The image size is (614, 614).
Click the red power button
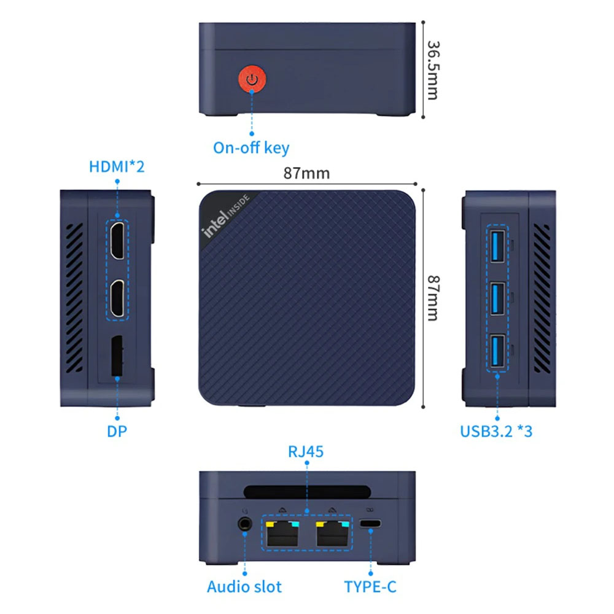[252, 79]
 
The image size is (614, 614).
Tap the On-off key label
[251, 147]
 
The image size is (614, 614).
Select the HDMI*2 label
[117, 166]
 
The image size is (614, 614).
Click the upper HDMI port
[117, 240]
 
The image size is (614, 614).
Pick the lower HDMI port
[117, 298]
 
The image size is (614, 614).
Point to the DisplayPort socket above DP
[117, 356]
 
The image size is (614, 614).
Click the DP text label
[117, 431]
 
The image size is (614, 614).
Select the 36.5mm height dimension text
[433, 70]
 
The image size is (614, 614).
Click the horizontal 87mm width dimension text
[306, 173]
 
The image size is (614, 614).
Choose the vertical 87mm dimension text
[433, 298]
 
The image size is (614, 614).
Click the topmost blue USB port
[497, 246]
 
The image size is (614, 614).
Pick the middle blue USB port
[497, 298]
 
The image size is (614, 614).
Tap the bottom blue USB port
[497, 351]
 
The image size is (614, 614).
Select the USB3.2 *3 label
[496, 431]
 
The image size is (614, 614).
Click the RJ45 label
[306, 451]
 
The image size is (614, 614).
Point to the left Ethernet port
[282, 533]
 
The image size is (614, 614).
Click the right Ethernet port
[332, 533]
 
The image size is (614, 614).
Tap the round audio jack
[245, 524]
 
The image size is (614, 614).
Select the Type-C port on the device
[370, 523]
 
